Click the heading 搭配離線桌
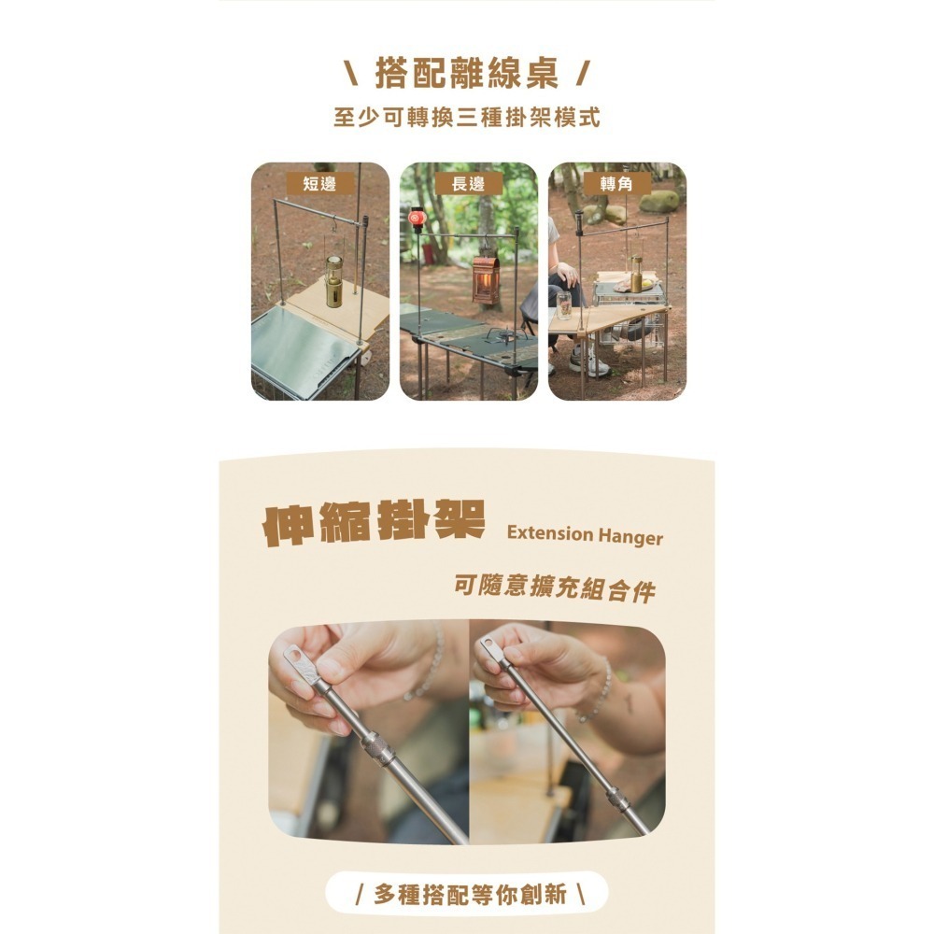point(466,73)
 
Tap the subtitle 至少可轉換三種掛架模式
point(466,119)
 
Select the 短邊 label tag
point(319,183)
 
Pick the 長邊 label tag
point(468,183)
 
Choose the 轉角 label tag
point(616,183)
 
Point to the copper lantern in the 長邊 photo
point(486,279)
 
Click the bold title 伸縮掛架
point(375,526)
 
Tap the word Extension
point(550,535)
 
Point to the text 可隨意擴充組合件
point(554,588)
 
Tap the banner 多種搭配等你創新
point(466,894)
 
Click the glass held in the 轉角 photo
point(563,305)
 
